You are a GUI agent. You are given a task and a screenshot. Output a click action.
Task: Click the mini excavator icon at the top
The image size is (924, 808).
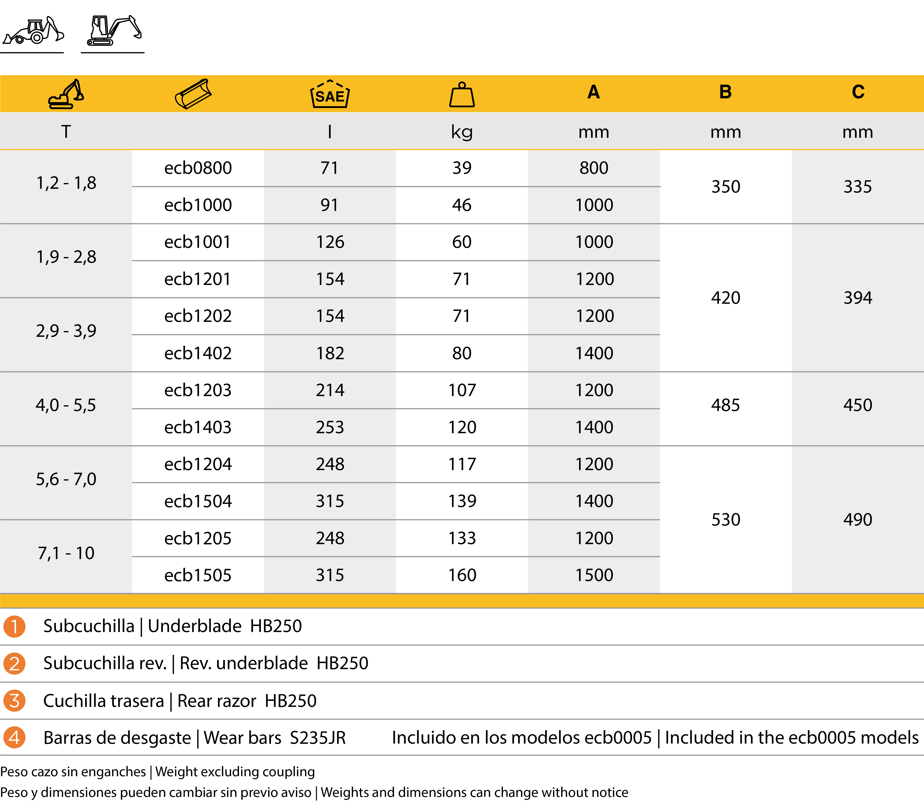(114, 31)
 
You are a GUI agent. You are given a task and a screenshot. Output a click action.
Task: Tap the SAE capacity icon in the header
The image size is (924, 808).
(330, 94)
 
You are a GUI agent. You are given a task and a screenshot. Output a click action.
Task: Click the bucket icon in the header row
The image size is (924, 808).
(193, 94)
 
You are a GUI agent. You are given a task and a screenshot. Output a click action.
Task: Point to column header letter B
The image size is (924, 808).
(725, 92)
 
